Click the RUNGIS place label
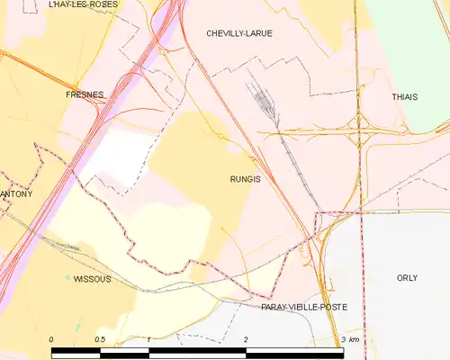click(245, 179)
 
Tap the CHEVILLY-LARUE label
click(239, 33)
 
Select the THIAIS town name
click(405, 96)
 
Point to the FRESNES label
click(85, 94)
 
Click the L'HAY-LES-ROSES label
click(83, 4)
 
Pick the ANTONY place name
click(16, 194)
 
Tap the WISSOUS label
click(92, 279)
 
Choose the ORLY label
click(407, 278)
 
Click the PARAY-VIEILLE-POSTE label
click(303, 307)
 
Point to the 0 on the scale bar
click(51, 339)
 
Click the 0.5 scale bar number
click(99, 339)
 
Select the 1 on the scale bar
click(148, 339)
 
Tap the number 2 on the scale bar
click(245, 339)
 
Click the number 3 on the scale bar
click(343, 339)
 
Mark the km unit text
click(354, 339)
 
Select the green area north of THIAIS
click(409, 36)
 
